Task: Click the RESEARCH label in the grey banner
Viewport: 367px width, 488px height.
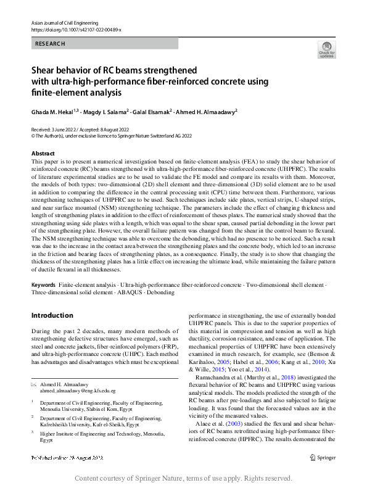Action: click(x=50, y=44)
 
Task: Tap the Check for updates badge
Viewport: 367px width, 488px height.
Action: click(x=326, y=49)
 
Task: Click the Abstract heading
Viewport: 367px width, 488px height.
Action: click(x=43, y=153)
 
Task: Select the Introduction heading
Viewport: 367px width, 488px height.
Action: click(x=52, y=316)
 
